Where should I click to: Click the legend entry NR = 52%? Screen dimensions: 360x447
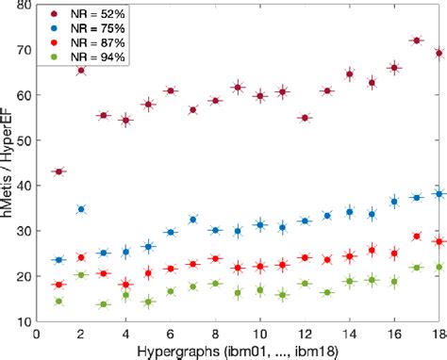click(x=91, y=16)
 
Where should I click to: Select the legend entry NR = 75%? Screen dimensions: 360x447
click(x=91, y=30)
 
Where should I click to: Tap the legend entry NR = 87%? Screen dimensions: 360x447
click(x=91, y=44)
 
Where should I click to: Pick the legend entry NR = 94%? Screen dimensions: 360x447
click(x=91, y=58)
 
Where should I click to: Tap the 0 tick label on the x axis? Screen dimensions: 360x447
click(x=37, y=333)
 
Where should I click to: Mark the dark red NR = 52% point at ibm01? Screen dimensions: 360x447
click(x=59, y=172)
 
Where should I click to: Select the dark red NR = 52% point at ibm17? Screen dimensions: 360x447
click(x=416, y=41)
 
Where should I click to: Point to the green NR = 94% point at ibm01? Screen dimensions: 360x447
click(x=59, y=302)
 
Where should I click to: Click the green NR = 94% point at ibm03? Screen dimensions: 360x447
click(x=104, y=304)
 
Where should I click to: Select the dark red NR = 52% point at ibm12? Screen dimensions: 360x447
click(x=305, y=118)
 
